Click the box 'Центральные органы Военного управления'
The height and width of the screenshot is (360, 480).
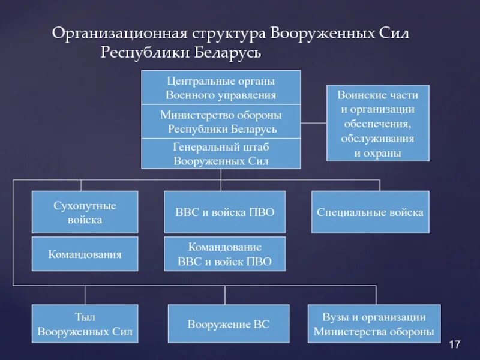pos(221,88)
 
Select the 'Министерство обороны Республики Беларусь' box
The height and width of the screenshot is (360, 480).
pos(221,122)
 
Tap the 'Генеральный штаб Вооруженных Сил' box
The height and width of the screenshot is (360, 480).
pos(221,154)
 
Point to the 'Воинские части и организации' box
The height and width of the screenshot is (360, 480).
pos(377,123)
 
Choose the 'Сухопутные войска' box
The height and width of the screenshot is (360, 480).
pos(85,212)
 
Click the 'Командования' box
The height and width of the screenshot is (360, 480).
pos(85,254)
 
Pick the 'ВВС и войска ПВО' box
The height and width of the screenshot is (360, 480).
pos(225,212)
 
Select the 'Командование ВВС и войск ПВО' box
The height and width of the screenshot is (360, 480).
pos(225,254)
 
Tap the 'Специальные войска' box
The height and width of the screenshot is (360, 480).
pos(370,212)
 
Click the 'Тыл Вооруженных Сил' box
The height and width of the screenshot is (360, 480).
pos(85,324)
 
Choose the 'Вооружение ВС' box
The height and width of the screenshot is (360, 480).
pos(229,324)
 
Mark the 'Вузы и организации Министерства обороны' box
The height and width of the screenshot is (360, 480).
pos(374,324)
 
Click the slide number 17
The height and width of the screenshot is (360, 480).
pos(454,344)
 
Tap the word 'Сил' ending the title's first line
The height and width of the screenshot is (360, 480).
pos(394,34)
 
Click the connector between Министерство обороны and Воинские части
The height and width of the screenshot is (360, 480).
pos(313,123)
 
